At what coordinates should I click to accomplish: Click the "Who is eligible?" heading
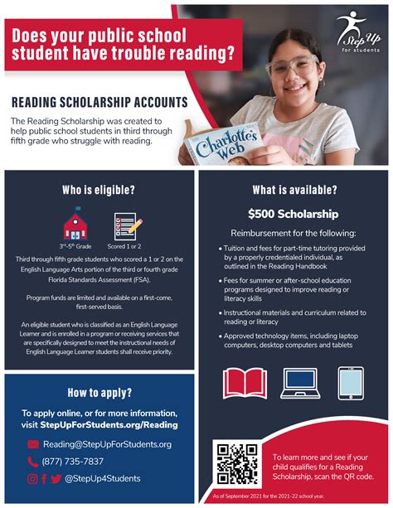98,191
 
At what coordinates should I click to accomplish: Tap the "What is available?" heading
294,190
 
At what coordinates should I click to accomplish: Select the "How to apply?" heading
98,393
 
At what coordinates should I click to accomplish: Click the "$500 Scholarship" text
294,212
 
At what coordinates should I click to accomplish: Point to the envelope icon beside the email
34,444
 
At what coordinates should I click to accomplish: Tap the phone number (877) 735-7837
73,462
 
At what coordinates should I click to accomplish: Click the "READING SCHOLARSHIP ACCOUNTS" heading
99,104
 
